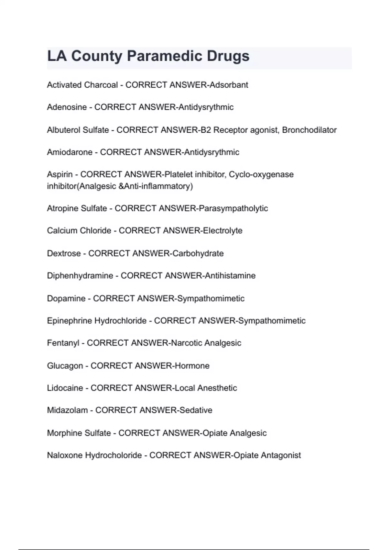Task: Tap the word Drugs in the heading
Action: pos(228,56)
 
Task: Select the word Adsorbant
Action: pos(229,85)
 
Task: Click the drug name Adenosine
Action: pos(67,107)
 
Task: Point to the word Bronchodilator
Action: pos(309,130)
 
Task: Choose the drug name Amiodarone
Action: pos(70,152)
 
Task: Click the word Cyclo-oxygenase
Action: pos(261,174)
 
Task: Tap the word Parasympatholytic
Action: pos(233,208)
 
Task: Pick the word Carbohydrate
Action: pos(198,253)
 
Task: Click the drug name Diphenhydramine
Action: pos(80,276)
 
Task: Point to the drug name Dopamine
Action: pos(66,298)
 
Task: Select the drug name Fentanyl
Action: pos(63,343)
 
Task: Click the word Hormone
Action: pos(192,366)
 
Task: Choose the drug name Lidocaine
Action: pos(65,388)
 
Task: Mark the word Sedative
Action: pos(196,410)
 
